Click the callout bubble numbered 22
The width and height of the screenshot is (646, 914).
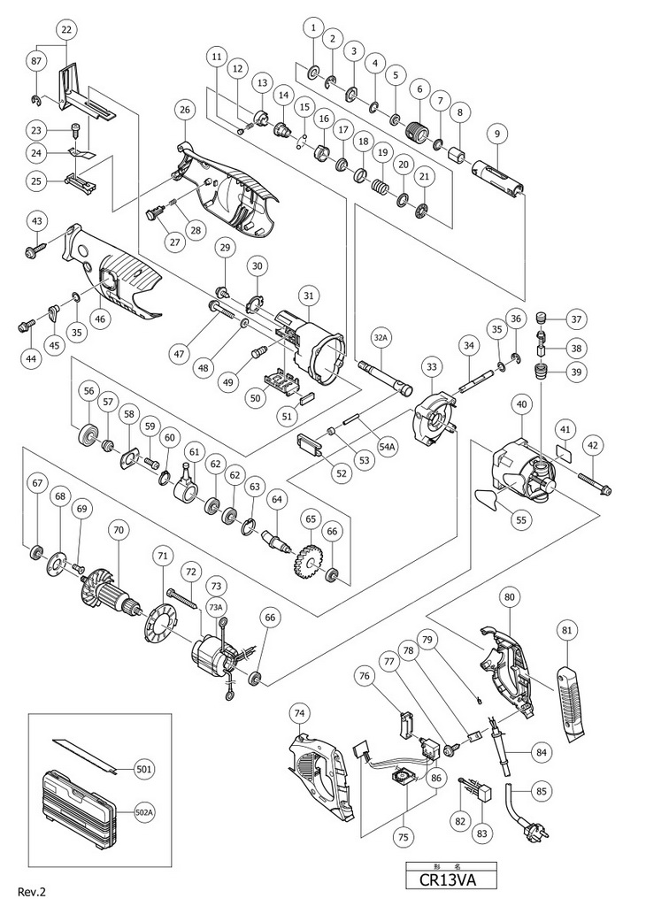[66, 29]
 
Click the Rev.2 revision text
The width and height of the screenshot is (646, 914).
[32, 892]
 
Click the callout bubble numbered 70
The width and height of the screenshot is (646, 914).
[119, 531]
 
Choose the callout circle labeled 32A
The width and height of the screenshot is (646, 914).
[380, 337]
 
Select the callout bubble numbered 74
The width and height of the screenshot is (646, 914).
[301, 713]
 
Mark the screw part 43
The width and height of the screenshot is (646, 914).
[30, 251]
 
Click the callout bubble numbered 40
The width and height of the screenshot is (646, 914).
[521, 404]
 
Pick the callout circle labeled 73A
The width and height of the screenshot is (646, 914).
[216, 607]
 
